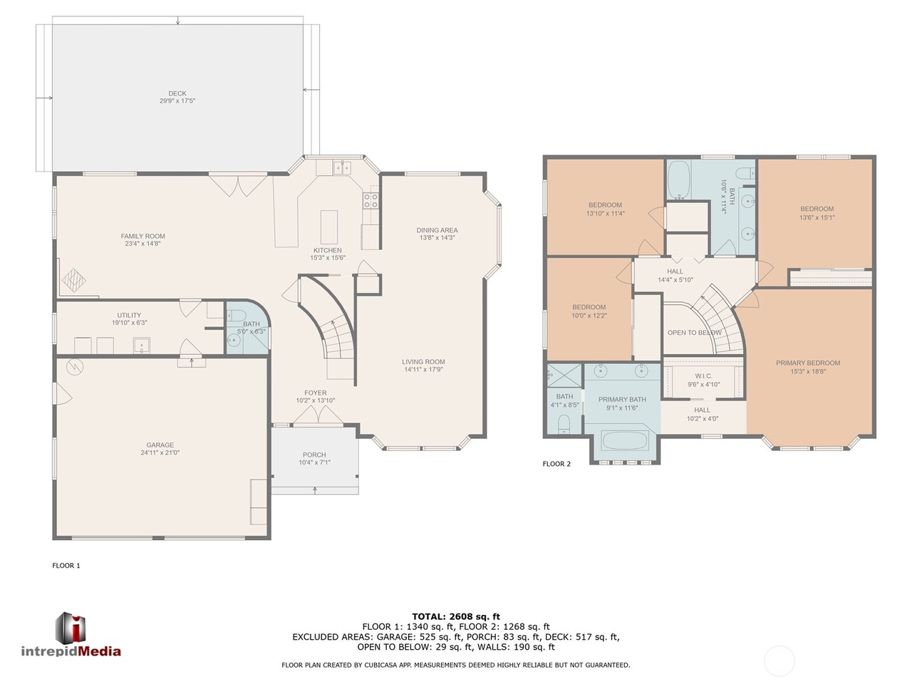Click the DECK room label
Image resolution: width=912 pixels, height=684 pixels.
coord(177,93)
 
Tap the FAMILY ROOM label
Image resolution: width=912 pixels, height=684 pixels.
coord(142,236)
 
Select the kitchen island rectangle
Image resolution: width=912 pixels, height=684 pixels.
coord(328,227)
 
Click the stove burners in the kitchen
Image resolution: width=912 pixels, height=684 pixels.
coord(371,200)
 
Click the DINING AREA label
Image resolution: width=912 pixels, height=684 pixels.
coord(437,230)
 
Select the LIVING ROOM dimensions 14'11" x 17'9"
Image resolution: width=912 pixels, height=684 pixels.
coord(423,370)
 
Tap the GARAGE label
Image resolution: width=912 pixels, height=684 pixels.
coord(160,445)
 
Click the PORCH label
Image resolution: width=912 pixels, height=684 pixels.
coord(314,455)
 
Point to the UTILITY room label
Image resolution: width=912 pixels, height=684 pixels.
coord(129,315)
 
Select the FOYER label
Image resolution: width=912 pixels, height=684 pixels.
coord(316,393)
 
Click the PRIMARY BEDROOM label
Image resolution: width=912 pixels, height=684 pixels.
coord(808,363)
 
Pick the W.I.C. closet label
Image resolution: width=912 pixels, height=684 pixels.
coord(703,376)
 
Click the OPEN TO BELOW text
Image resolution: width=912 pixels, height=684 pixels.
coord(694,333)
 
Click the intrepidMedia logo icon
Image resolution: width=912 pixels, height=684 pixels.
coord(71,627)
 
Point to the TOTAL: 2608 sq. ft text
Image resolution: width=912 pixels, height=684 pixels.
coord(456,616)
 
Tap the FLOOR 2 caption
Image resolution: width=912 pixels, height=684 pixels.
coord(556,464)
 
